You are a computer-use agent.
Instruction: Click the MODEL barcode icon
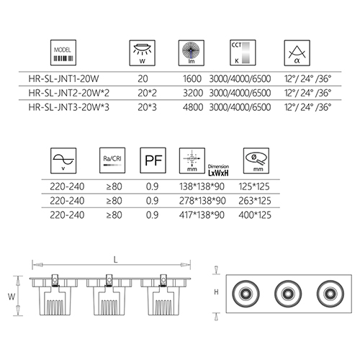point(63,53)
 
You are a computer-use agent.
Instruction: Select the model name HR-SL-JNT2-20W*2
point(69,93)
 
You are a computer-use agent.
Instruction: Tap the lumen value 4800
point(193,107)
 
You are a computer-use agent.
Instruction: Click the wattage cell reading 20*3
point(147,107)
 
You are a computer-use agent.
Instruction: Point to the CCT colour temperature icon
point(243,53)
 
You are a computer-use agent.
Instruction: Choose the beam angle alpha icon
point(297,53)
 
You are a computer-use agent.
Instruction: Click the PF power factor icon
point(153,161)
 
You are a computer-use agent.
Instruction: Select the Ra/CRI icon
point(112,161)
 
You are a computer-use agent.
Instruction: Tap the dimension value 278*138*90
point(202,201)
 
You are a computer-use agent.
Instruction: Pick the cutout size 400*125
point(255,215)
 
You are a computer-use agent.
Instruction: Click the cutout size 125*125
point(254,186)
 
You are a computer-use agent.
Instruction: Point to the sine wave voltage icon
point(63,161)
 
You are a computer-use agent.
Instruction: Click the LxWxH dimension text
point(218,173)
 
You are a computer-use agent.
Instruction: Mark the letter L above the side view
point(116,260)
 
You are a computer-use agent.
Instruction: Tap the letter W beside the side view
point(12,297)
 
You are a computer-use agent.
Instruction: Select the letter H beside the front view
point(216,292)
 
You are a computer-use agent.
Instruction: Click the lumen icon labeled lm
point(192,53)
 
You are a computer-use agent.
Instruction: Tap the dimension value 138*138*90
point(202,186)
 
